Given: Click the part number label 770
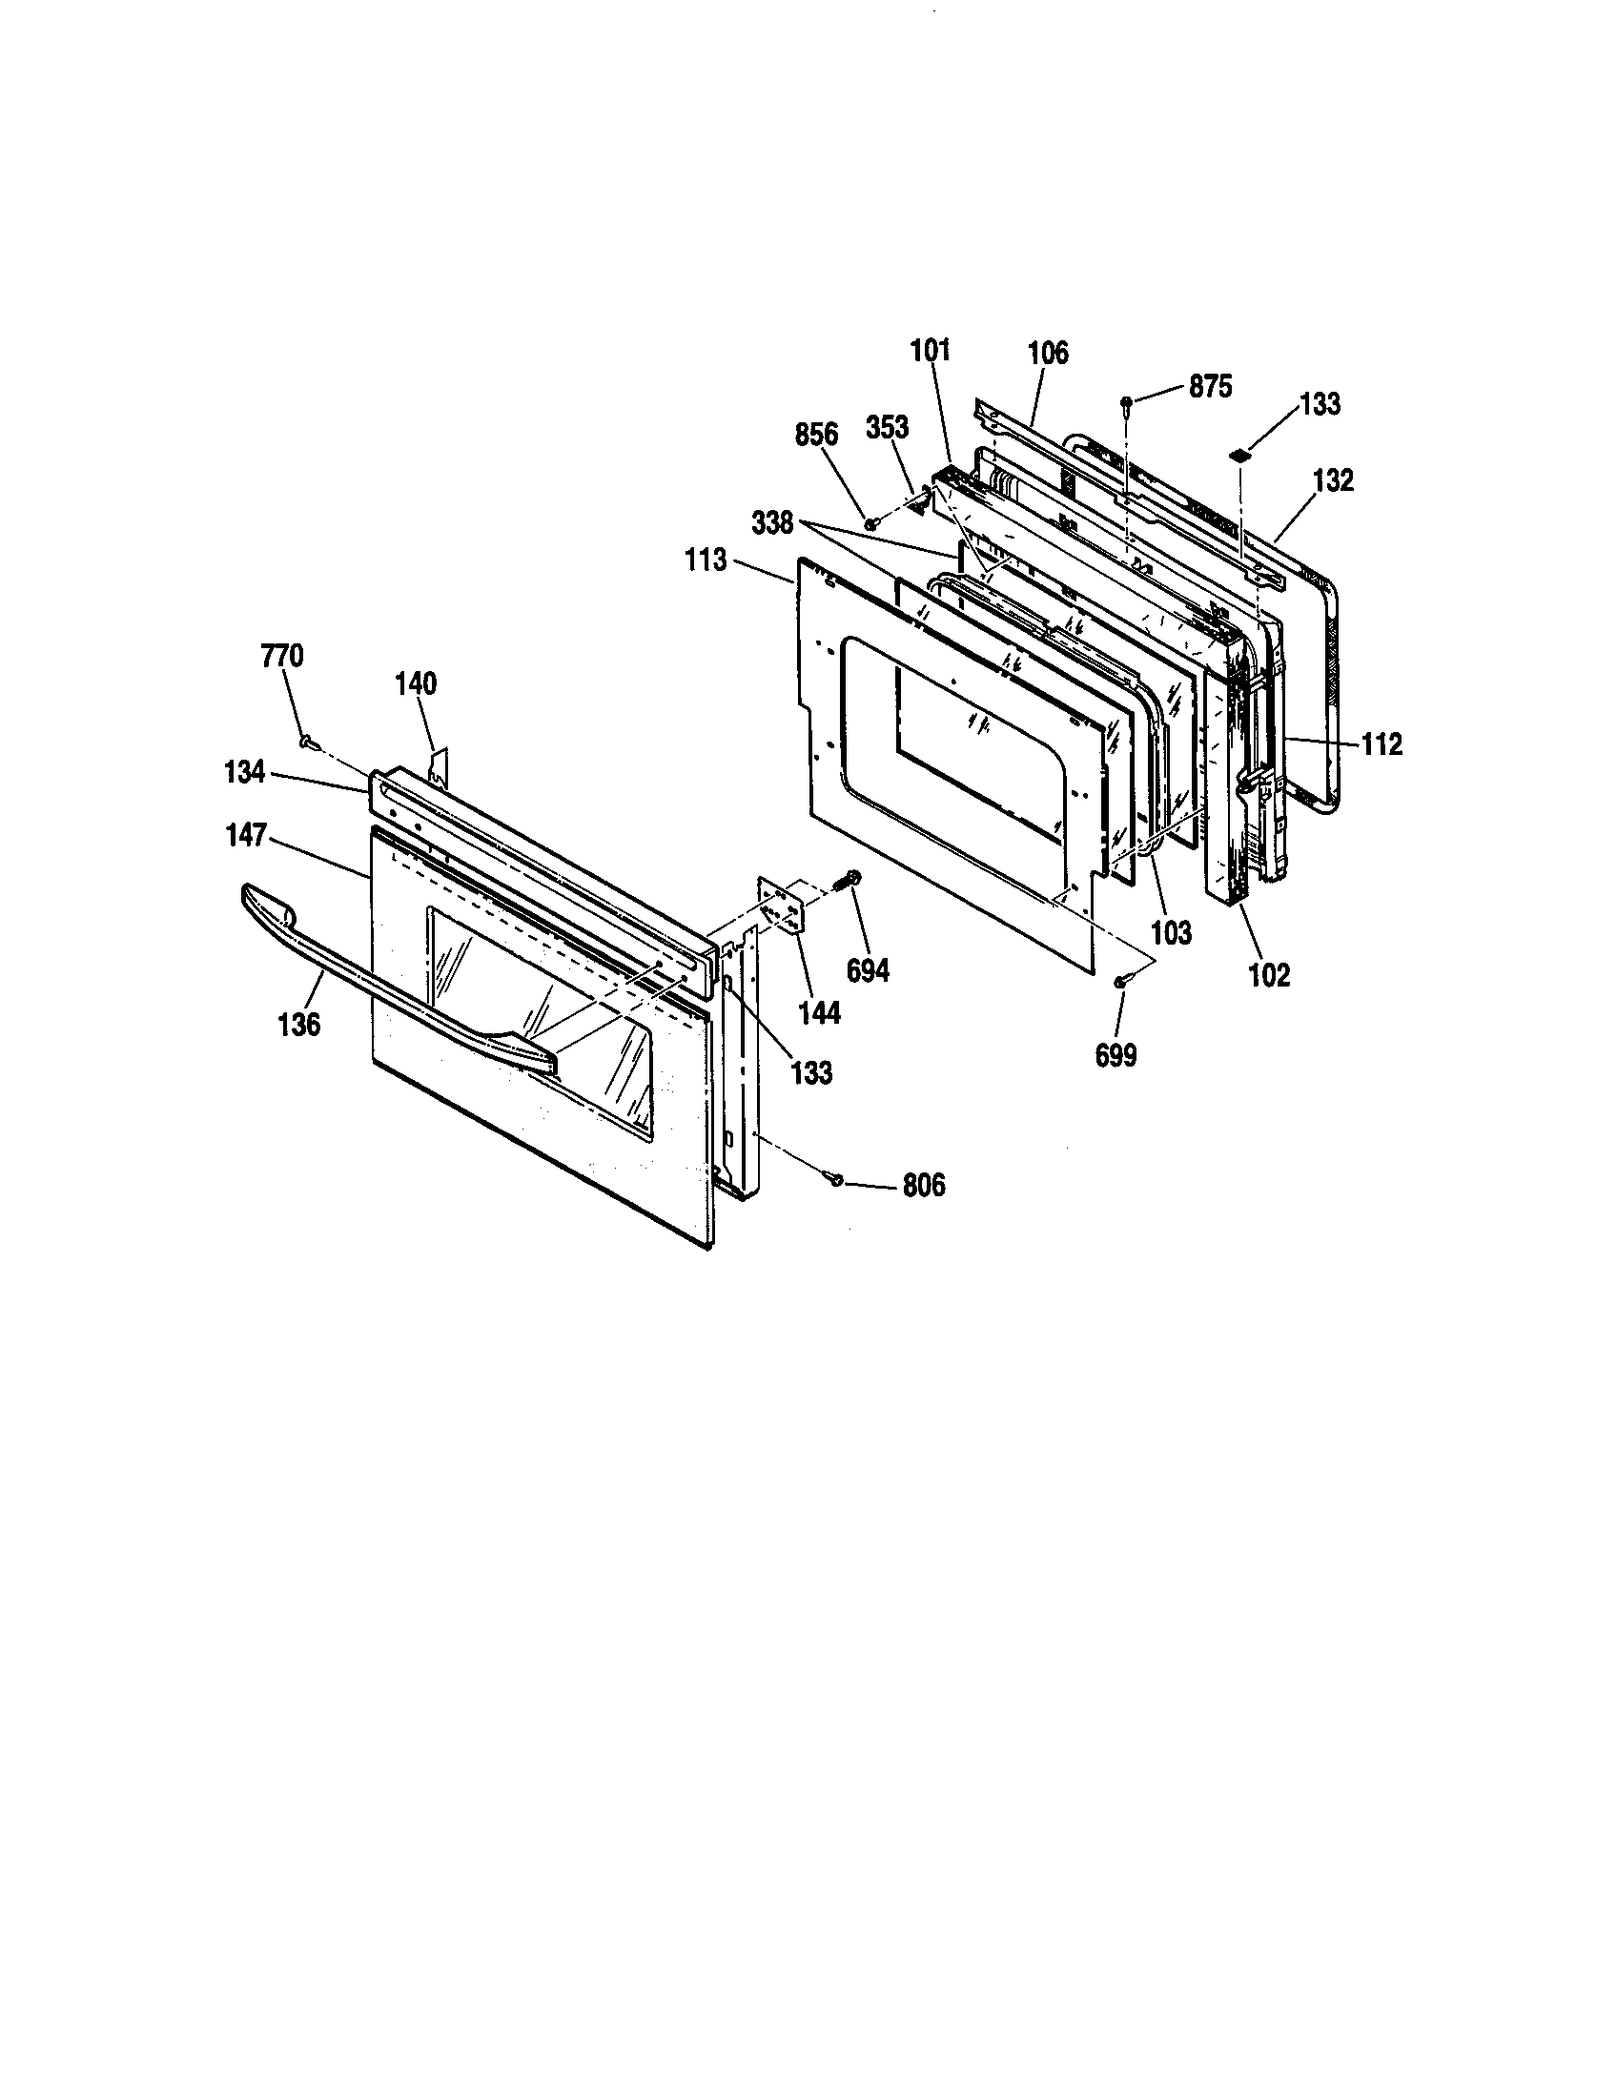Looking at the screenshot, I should (x=281, y=657).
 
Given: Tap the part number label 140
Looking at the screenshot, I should (x=416, y=683).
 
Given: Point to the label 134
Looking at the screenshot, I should (x=244, y=771).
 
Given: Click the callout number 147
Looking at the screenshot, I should (x=245, y=836).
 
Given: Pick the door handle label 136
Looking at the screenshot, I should (x=298, y=1025).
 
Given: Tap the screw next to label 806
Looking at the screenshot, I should (x=837, y=1178).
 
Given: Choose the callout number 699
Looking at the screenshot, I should (x=1116, y=1056).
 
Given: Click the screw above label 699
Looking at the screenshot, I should (x=1120, y=981).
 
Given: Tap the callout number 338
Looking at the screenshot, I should (x=773, y=523).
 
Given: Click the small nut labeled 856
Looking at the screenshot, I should (x=870, y=523).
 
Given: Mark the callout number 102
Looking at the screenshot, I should (x=1269, y=975).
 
